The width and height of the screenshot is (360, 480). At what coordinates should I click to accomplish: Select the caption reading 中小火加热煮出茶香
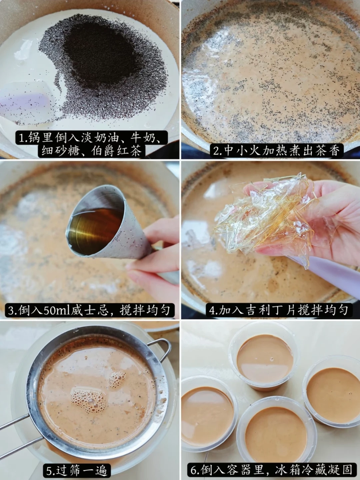pos(277,151)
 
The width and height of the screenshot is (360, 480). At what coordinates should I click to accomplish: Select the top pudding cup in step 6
pos(265,359)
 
